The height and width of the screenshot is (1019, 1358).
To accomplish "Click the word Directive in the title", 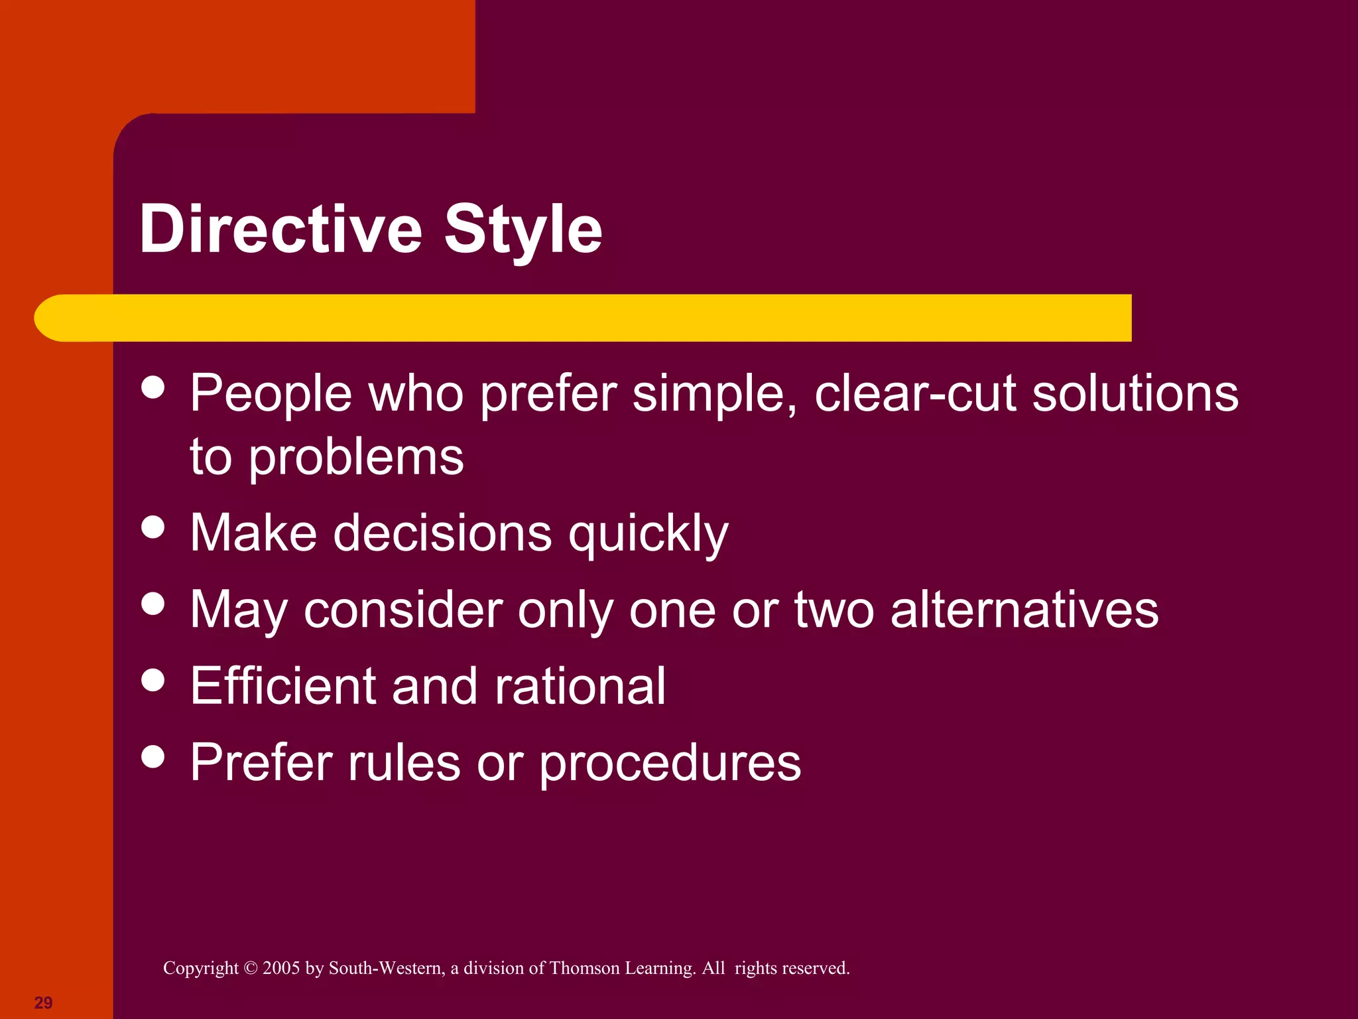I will [x=280, y=229].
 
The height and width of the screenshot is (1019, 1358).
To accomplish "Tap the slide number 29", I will [x=43, y=1002].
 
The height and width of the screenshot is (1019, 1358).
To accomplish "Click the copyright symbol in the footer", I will [x=250, y=968].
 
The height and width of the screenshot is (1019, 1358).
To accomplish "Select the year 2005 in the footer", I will [x=281, y=968].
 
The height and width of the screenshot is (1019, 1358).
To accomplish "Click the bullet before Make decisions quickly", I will [x=153, y=527].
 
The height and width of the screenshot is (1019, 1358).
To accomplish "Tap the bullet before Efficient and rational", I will [x=153, y=680].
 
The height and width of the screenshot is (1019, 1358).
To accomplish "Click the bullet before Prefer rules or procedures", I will [x=153, y=756].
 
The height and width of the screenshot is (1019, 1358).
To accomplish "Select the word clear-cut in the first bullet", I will [x=914, y=393].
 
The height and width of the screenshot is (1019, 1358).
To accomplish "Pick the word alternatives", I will [x=1024, y=610].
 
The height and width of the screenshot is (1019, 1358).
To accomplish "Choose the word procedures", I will [x=669, y=763].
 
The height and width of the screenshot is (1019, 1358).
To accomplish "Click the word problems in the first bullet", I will [x=356, y=458].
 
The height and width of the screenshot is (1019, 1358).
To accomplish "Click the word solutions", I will [x=1135, y=393].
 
